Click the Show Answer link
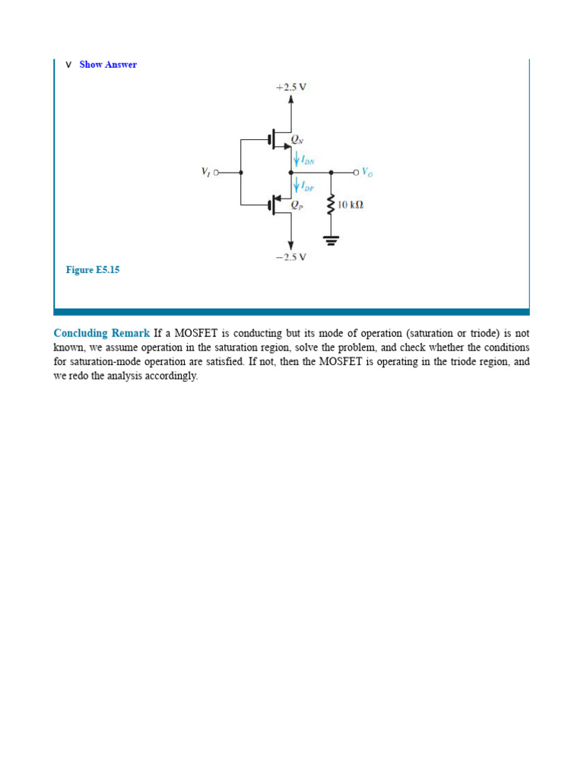coord(108,65)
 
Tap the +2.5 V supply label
coord(291,87)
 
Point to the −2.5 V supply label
coord(291,257)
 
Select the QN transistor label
coord(297,140)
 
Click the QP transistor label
coord(297,204)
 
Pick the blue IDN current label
coord(307,160)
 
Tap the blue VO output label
coord(367,173)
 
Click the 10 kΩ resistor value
coord(351,205)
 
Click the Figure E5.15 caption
coord(93,270)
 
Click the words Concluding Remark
coord(102,333)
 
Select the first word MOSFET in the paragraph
coord(195,333)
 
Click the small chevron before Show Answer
coord(68,65)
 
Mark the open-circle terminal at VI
coord(216,173)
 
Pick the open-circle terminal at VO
coord(355,173)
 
